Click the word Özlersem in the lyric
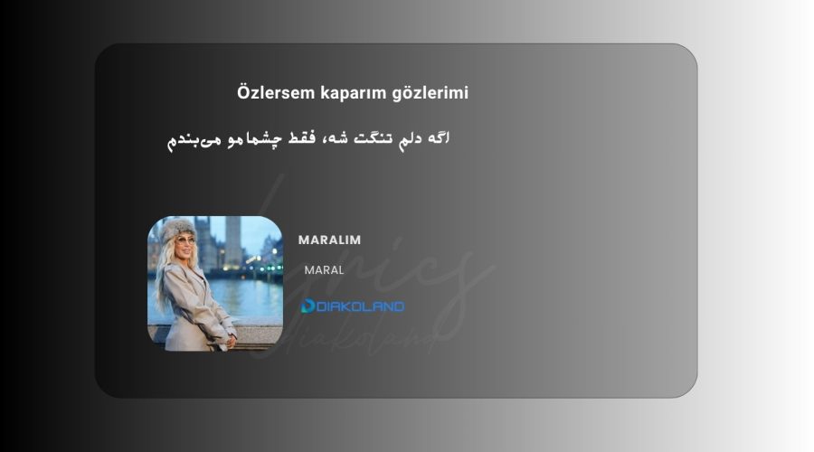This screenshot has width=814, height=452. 276,93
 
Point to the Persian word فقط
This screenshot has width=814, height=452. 301,138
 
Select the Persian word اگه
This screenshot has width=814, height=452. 439,138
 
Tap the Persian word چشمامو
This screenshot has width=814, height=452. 254,139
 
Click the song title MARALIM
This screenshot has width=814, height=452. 329,240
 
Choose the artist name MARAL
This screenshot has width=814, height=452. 324,270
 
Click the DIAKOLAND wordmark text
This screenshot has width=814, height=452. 360,306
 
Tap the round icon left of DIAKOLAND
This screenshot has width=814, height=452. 308,306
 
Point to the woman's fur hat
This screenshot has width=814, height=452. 177,230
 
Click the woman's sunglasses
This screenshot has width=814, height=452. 186,240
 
